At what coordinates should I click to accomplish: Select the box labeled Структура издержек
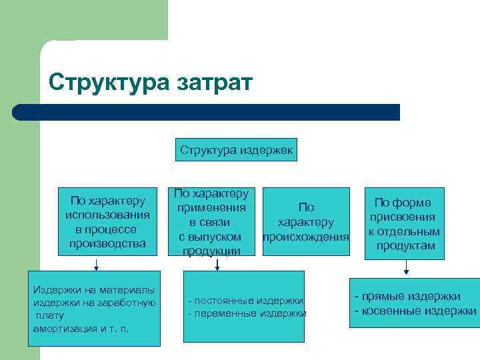tap(236, 150)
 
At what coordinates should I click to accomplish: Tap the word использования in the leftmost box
tap(107, 215)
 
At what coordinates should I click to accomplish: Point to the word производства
tap(107, 243)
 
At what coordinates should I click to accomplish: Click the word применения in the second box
tap(211, 208)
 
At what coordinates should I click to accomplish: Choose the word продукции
tap(211, 251)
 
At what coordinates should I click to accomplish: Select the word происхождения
tap(306, 237)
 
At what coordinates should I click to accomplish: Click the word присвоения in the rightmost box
tap(403, 217)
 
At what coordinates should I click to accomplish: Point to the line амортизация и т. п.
tap(81, 329)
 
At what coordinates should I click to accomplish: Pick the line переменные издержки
tap(247, 313)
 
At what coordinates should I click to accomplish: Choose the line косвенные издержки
tap(415, 311)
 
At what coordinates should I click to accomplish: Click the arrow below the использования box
tap(96, 264)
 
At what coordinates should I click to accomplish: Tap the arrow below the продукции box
tap(216, 264)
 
